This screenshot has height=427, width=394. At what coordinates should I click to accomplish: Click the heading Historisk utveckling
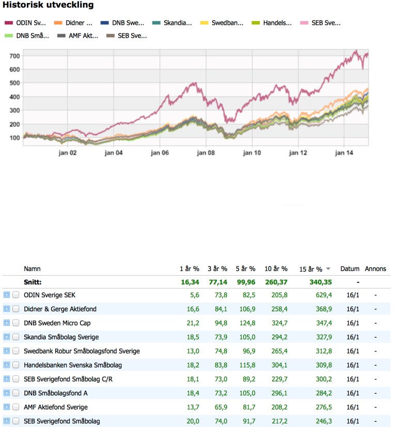click(49, 6)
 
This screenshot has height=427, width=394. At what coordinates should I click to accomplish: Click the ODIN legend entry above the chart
click(26, 23)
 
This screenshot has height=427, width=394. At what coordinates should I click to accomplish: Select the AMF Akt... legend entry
click(81, 36)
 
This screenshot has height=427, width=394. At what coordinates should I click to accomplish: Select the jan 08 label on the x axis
click(206, 153)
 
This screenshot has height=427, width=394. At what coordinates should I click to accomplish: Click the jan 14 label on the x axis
click(344, 153)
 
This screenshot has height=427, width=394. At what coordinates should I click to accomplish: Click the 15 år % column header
click(310, 269)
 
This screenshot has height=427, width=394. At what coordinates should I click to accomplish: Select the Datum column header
click(350, 269)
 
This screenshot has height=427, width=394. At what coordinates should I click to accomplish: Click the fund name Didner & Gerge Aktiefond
click(60, 309)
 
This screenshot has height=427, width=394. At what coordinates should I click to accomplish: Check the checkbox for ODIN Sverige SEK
click(16, 295)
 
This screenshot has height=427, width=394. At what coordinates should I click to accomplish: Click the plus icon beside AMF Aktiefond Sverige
click(7, 407)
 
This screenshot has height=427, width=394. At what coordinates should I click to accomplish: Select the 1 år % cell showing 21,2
click(193, 323)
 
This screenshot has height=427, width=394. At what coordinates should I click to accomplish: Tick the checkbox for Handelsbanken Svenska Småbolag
click(16, 365)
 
